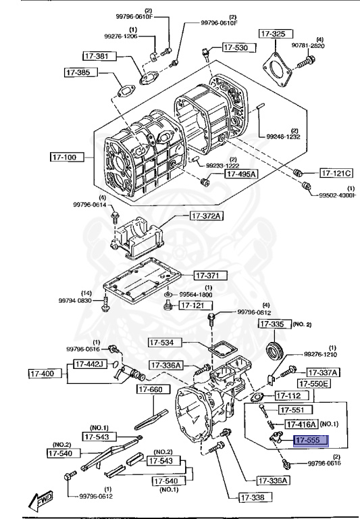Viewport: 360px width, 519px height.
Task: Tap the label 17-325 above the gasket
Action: tap(275, 32)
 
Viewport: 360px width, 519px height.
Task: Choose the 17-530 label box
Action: tap(236, 48)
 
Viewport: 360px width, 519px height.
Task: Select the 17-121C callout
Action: tap(336, 172)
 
